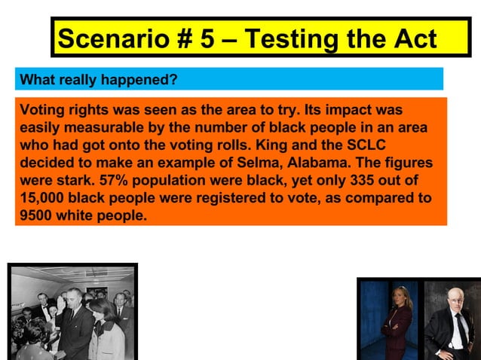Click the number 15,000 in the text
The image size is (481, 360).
tap(45, 200)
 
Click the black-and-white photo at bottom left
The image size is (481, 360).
tap(72, 313)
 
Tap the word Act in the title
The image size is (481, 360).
tap(414, 38)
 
